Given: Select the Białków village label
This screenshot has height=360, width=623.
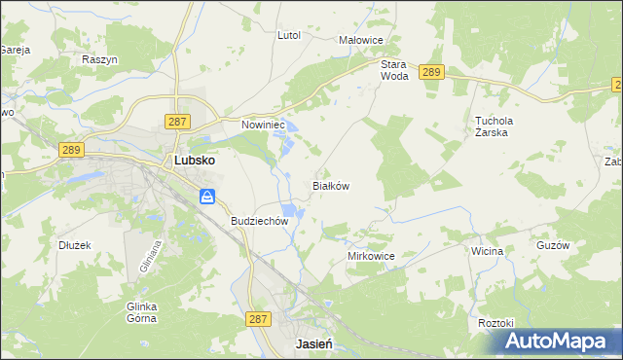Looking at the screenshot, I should pyautogui.click(x=330, y=185).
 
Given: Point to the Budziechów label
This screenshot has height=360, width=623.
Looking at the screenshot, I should pyautogui.click(x=260, y=221).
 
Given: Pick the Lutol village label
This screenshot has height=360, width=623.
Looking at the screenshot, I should pyautogui.click(x=289, y=35).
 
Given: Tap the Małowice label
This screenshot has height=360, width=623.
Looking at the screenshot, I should pyautogui.click(x=360, y=40).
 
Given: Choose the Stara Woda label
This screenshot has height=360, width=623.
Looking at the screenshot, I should pyautogui.click(x=394, y=69).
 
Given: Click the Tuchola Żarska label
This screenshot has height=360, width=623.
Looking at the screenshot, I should pyautogui.click(x=494, y=127).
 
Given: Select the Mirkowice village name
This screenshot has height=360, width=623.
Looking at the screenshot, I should pyautogui.click(x=370, y=256).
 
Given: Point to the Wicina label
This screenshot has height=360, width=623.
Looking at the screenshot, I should pyautogui.click(x=487, y=251).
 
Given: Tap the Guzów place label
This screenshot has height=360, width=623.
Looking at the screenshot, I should pyautogui.click(x=552, y=246).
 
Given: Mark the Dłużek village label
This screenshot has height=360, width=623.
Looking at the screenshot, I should pyautogui.click(x=74, y=245).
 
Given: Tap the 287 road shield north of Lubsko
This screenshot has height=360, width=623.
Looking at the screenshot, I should pyautogui.click(x=176, y=121).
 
